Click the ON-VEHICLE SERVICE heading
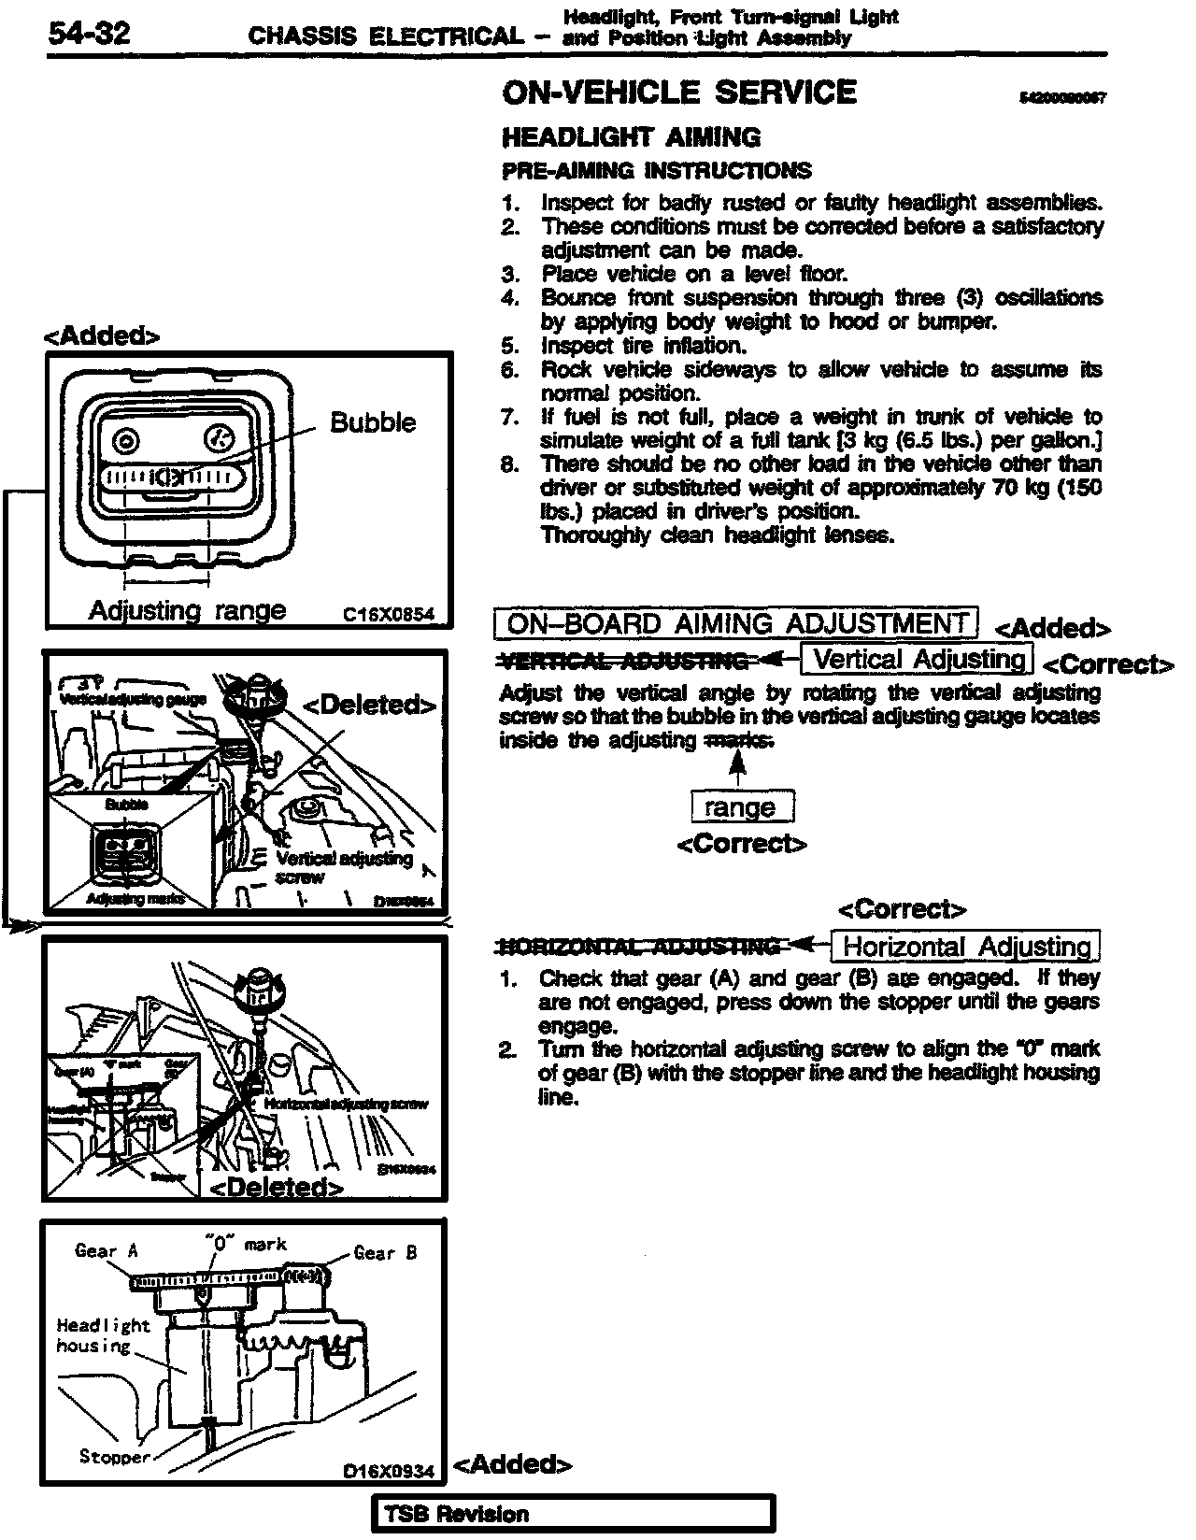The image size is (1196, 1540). (678, 93)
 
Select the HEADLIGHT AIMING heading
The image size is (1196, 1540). (631, 137)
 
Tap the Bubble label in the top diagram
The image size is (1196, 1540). (373, 422)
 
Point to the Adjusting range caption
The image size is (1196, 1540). (187, 610)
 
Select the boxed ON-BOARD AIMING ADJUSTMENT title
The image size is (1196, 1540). (736, 623)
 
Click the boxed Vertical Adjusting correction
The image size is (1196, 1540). (918, 660)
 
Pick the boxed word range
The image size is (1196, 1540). (741, 806)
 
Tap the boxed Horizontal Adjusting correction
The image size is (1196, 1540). (965, 947)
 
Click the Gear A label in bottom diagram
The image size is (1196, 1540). (107, 1251)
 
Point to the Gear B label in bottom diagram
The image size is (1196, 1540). (385, 1252)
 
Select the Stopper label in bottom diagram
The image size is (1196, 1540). (115, 1457)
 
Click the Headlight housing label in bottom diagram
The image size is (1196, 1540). (103, 1335)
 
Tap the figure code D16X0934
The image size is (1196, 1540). (389, 1471)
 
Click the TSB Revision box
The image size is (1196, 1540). (573, 1515)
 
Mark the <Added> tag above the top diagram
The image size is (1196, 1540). (102, 336)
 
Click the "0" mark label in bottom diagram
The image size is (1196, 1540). (246, 1244)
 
